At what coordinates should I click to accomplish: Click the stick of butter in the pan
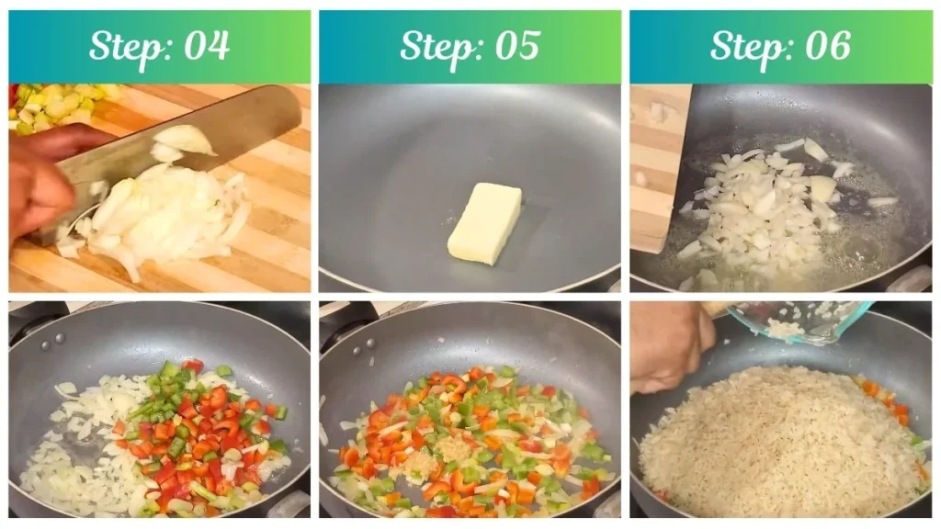pos(484,223)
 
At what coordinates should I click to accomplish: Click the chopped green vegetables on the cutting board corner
pos(55,106)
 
